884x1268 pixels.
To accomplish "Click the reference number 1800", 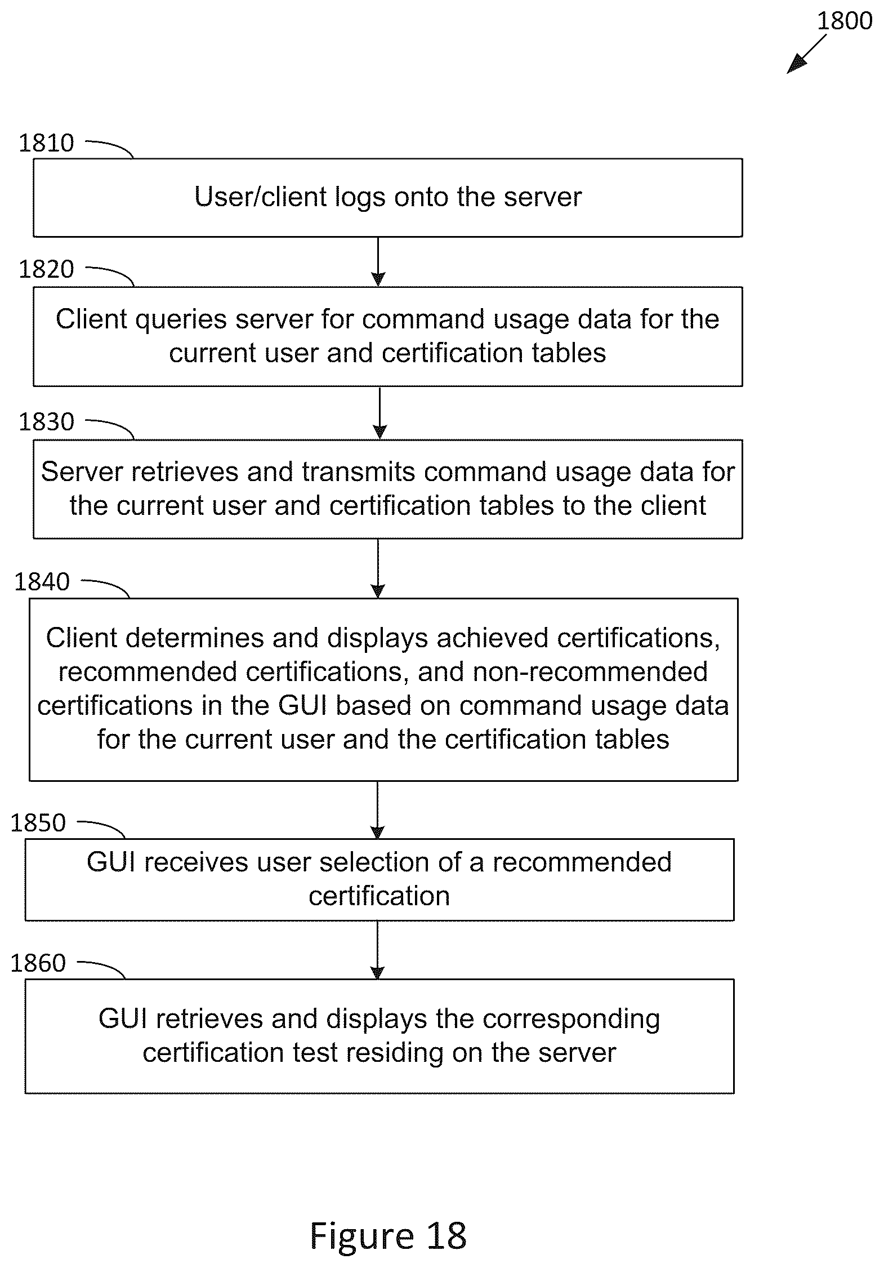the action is (x=844, y=21).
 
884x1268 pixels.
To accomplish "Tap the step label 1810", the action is (x=46, y=143).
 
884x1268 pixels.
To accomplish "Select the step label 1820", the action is (x=46, y=269).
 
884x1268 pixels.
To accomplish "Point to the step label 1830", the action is (x=46, y=421).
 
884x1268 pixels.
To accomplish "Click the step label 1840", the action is (x=42, y=581).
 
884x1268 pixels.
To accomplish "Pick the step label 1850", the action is (x=38, y=823).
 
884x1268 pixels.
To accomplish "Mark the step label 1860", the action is (x=38, y=963).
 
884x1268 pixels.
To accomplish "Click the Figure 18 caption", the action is (x=388, y=1236).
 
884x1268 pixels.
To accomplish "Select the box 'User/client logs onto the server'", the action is (x=388, y=198).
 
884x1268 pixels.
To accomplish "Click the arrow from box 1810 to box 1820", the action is (x=378, y=262).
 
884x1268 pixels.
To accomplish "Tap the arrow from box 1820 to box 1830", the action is (x=380, y=413).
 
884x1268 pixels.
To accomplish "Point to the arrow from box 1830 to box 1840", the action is (x=378, y=568).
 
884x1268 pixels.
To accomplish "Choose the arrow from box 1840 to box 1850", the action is (x=378, y=810).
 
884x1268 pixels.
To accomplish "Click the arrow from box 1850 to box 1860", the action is (x=378, y=950).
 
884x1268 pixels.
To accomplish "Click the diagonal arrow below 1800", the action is (x=806, y=54).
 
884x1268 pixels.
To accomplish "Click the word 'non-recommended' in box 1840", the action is (x=591, y=671).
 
